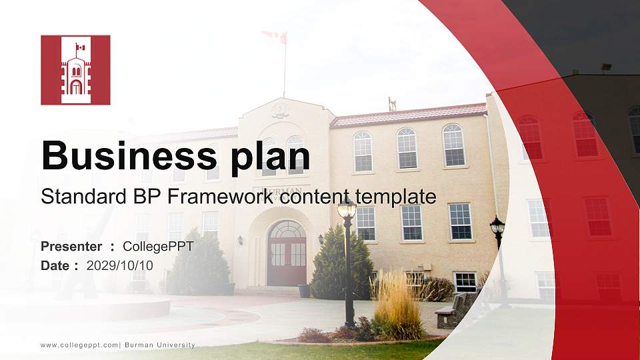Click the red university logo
tap(75, 70)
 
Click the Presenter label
tap(71, 247)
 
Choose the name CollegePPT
tap(158, 247)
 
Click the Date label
tap(55, 265)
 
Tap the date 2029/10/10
tap(120, 265)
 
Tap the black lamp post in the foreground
tap(348, 267)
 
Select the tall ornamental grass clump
tap(397, 303)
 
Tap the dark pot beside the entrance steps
tap(304, 291)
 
